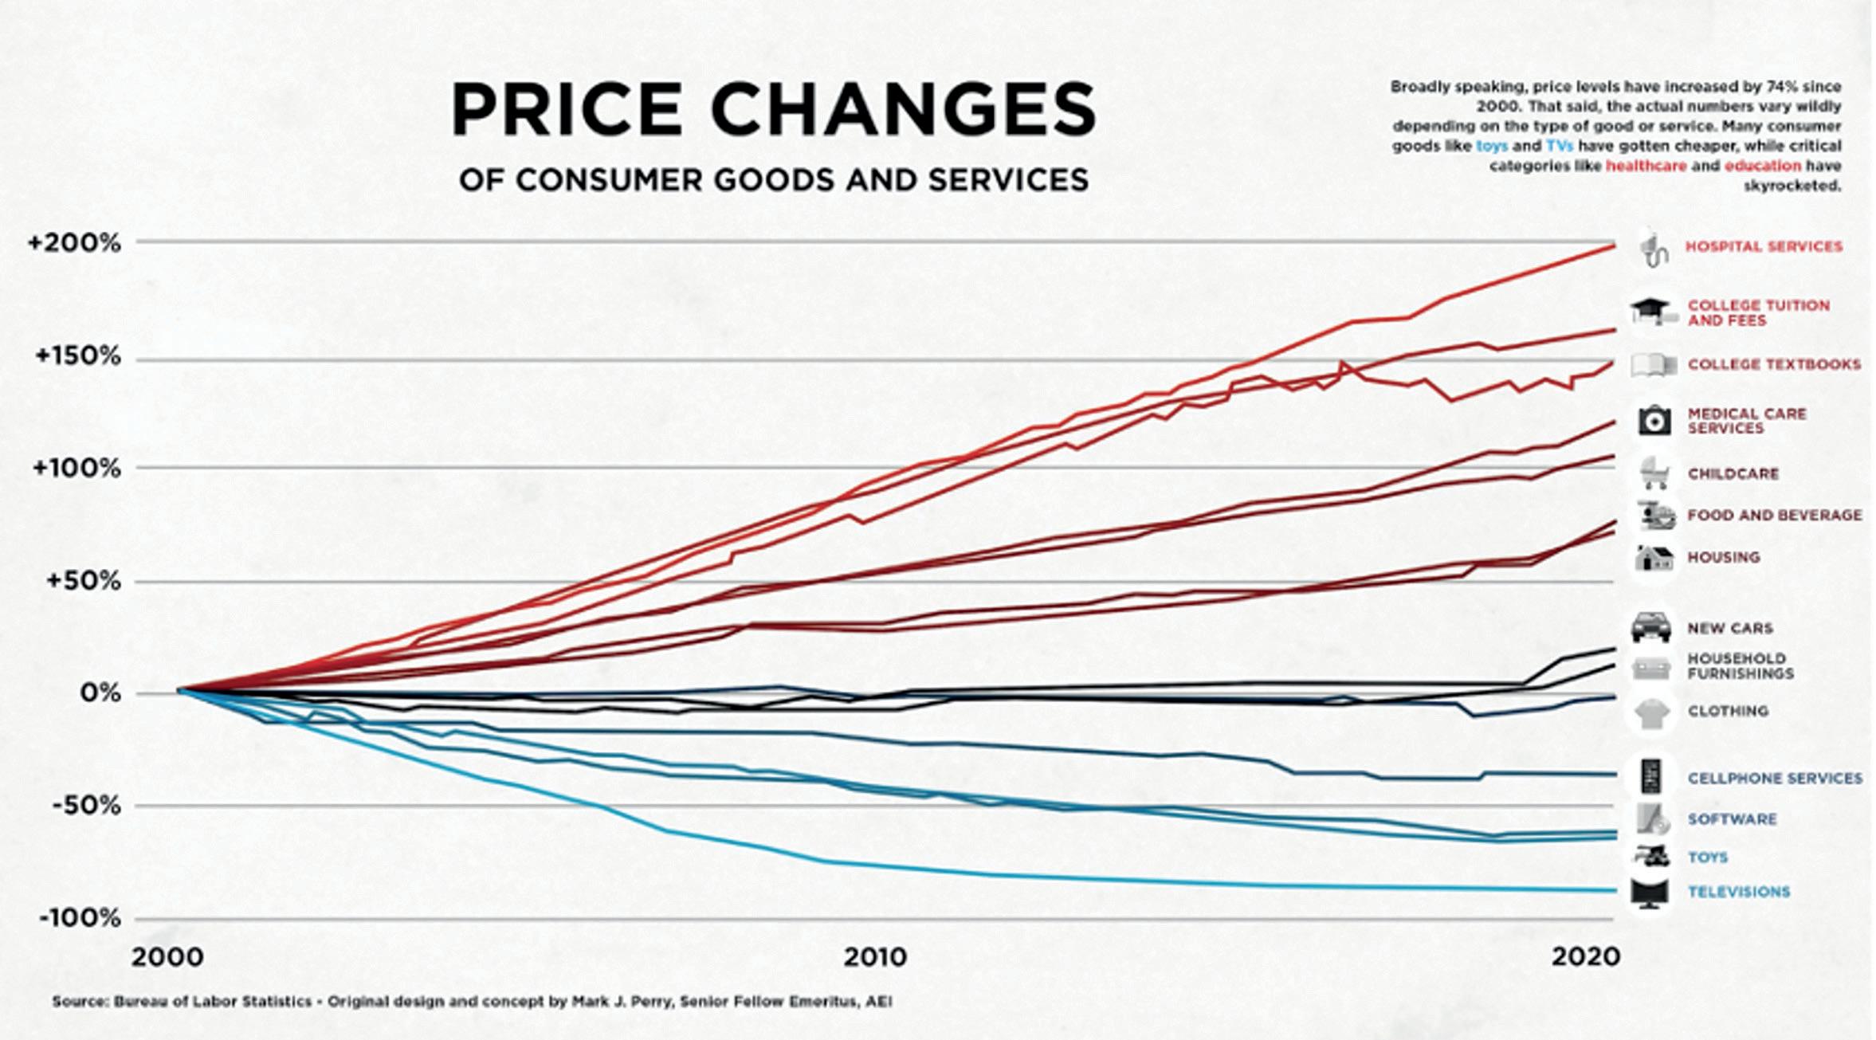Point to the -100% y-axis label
[80, 918]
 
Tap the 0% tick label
[100, 693]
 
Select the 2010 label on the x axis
[876, 956]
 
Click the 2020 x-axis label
[1585, 956]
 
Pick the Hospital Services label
[1763, 247]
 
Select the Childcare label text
[1733, 474]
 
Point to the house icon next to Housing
[1653, 557]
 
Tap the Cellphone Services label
[1774, 779]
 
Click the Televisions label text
[1738, 892]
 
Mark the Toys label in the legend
[1707, 858]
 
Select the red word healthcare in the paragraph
[1646, 167]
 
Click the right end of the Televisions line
[1611, 890]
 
